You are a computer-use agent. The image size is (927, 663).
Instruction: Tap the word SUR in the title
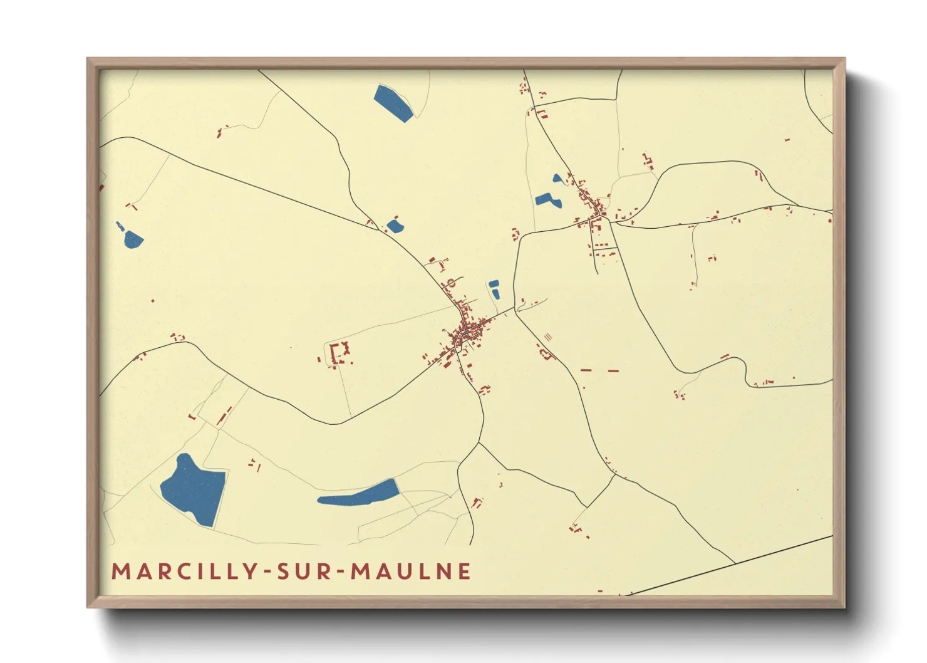click(307, 572)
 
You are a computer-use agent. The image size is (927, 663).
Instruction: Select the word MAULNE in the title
click(411, 572)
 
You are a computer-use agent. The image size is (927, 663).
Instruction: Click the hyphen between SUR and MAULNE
click(341, 572)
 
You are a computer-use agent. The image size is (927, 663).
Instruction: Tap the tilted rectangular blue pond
click(393, 103)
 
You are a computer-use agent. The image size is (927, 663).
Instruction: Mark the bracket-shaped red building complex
click(339, 352)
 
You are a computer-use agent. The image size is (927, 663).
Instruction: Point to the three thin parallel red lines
click(549, 337)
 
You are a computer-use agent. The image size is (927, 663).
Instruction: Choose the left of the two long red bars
click(586, 370)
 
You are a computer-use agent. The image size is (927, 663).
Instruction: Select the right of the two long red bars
click(613, 371)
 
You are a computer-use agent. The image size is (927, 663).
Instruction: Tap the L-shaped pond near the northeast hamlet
click(547, 200)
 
